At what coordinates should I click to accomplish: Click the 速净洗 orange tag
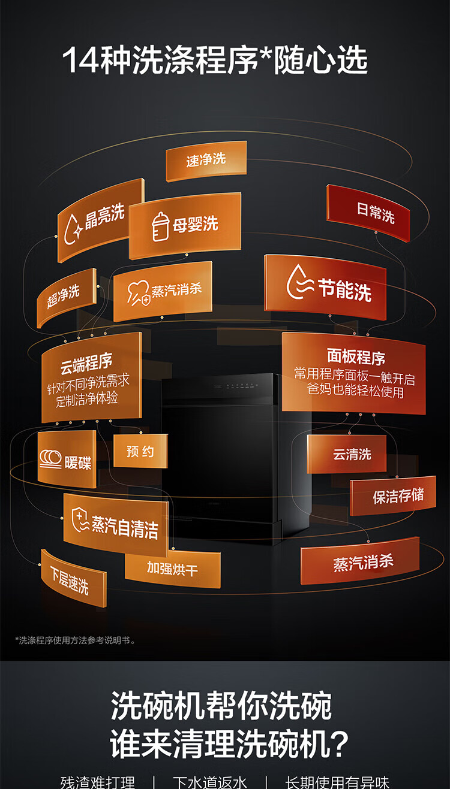click(206, 160)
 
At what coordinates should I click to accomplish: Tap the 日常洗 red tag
click(368, 212)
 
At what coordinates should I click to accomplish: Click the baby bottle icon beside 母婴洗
click(160, 226)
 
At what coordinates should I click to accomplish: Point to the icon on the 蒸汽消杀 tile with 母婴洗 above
click(138, 292)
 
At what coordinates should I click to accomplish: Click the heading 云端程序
click(86, 362)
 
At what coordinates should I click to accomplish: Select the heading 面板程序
click(355, 358)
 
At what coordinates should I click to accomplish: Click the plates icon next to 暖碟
click(50, 459)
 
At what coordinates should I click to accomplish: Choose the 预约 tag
click(140, 451)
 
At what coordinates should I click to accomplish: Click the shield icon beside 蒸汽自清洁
click(80, 518)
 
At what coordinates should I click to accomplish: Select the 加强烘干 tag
click(173, 569)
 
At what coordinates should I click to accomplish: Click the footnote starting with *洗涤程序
click(75, 640)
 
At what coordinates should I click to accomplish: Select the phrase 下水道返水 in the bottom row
click(210, 781)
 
